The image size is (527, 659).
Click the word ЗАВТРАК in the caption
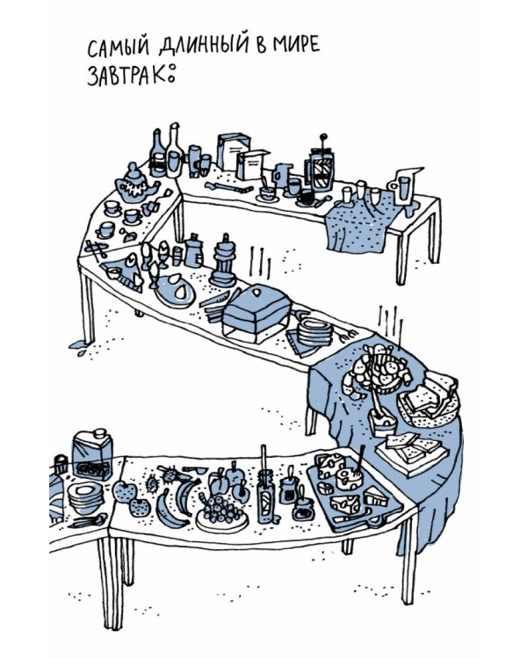(126, 76)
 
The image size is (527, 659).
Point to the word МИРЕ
(296, 44)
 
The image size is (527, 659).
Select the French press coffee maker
(322, 165)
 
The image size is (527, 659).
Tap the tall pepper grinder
(224, 263)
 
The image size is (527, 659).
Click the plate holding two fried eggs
(176, 289)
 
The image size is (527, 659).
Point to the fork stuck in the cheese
(359, 462)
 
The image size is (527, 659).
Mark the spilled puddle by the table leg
(81, 346)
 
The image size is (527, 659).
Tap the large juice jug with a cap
(93, 455)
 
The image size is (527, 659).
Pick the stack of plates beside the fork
(314, 331)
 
